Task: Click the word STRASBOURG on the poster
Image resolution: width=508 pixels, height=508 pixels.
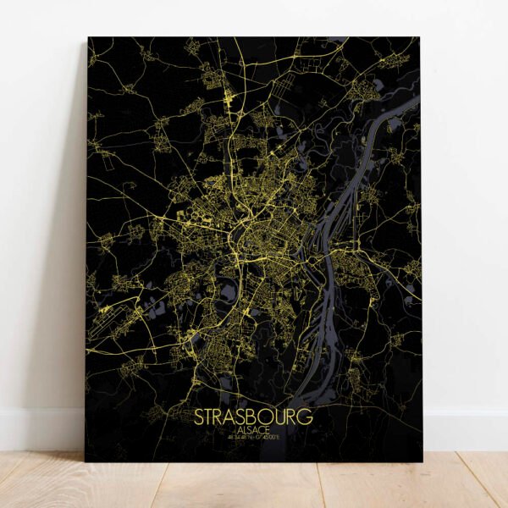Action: [x=253, y=417]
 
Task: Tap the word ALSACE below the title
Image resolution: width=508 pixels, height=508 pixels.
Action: [x=253, y=430]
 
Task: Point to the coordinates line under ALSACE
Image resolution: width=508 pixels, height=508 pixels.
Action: [x=253, y=438]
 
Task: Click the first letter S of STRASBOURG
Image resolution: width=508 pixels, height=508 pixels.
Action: [x=200, y=417]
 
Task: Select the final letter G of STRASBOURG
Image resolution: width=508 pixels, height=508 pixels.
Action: [x=306, y=417]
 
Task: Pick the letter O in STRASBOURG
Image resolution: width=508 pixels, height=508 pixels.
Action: [x=268, y=417]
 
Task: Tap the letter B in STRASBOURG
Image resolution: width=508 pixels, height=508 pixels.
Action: [x=255, y=417]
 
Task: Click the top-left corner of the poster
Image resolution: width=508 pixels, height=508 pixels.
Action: [x=88, y=38]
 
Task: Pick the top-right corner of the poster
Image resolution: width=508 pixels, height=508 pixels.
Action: [x=421, y=37]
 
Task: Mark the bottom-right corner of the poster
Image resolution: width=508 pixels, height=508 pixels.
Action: [x=422, y=462]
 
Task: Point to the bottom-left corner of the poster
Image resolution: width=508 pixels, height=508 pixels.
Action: [x=86, y=461]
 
